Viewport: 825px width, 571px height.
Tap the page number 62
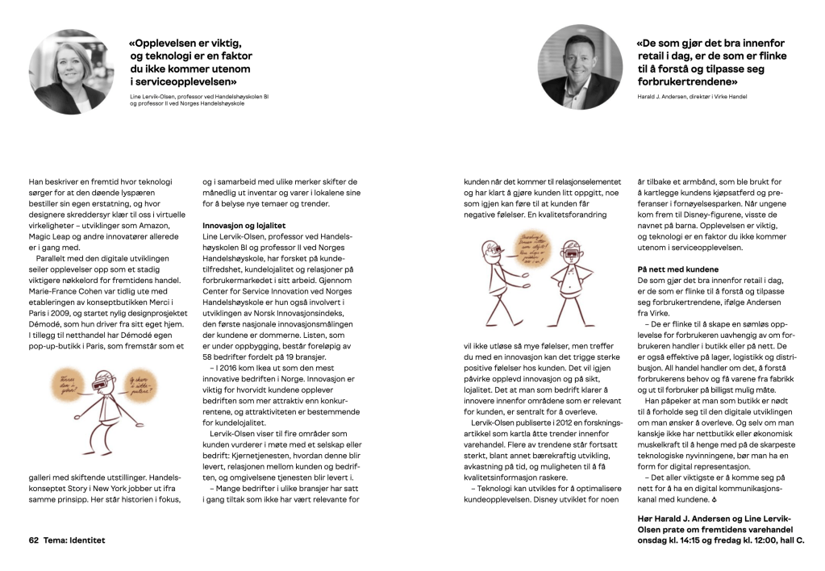tap(34, 540)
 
